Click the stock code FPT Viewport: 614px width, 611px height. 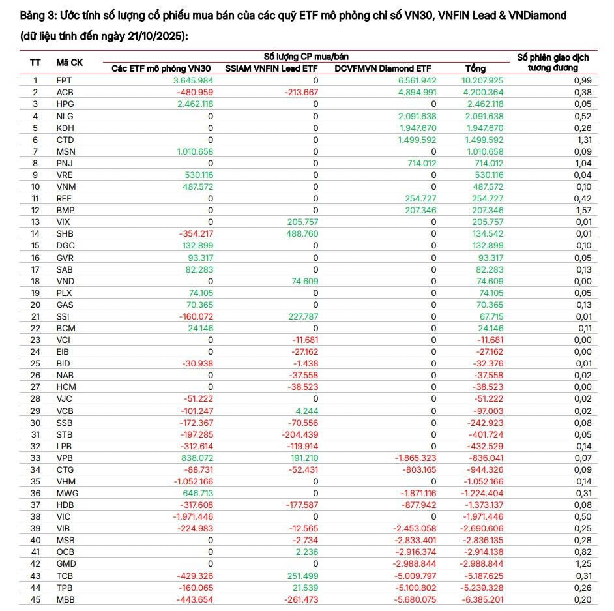[x=64, y=80]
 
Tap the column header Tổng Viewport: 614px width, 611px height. [x=475, y=68]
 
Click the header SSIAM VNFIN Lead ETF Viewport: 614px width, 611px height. [x=271, y=68]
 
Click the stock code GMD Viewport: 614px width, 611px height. [x=65, y=563]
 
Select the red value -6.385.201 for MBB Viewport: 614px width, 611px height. [x=482, y=599]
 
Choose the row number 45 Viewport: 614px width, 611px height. [x=35, y=599]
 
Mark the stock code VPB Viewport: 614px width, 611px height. [x=65, y=458]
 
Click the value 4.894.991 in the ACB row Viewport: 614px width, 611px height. [x=418, y=92]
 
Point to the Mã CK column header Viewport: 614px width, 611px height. [x=69, y=62]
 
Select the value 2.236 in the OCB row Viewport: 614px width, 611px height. [x=306, y=552]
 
